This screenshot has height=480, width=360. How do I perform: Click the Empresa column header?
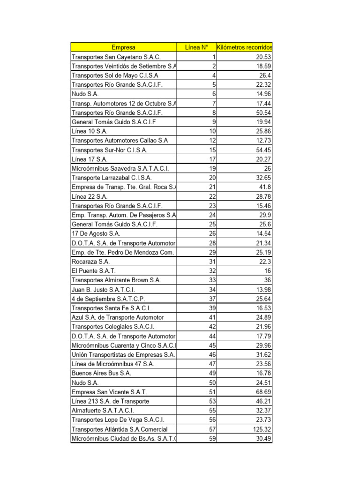coord(124,47)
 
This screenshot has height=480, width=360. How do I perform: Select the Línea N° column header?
coord(196,47)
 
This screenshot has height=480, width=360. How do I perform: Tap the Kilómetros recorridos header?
coord(244,47)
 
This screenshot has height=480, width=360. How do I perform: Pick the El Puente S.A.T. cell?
coord(94,271)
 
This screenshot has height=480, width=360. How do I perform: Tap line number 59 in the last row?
coord(212,439)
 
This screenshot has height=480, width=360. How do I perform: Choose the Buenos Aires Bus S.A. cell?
coord(101,374)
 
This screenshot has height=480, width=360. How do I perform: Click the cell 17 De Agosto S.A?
coord(96,233)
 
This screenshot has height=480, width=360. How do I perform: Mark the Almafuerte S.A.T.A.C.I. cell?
coord(103,411)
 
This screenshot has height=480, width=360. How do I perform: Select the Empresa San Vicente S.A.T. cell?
coord(109,392)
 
